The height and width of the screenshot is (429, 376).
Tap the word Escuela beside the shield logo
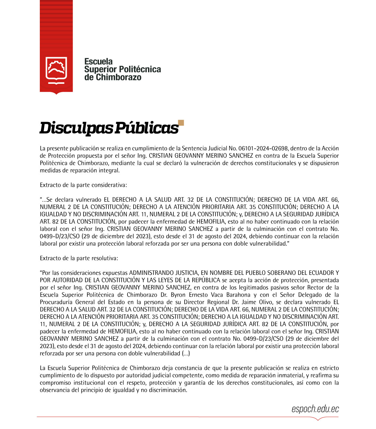(98, 61)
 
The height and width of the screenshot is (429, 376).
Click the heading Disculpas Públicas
(109, 128)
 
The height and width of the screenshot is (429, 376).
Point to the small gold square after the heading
(181, 123)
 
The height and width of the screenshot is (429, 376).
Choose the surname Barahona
(238, 295)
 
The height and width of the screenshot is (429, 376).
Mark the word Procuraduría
(56, 302)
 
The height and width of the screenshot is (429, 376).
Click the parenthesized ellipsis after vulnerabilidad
(186, 354)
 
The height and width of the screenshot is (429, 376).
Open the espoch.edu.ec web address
(315, 409)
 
